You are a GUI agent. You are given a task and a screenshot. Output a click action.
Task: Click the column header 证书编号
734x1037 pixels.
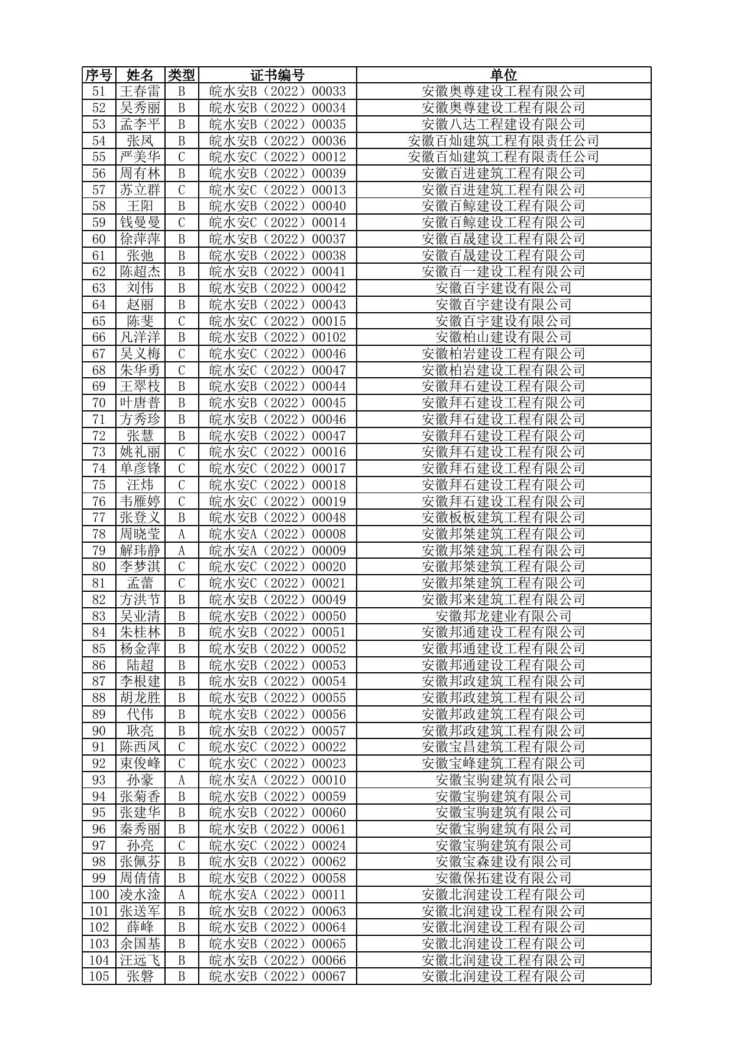coord(277,75)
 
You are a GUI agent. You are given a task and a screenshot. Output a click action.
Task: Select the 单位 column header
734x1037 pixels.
coord(503,75)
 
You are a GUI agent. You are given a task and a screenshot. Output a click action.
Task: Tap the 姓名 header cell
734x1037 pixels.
coord(140,75)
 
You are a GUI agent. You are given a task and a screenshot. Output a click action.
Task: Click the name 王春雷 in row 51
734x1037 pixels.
coord(140,92)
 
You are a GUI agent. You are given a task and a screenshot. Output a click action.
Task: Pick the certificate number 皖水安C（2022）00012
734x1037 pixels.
coord(277,157)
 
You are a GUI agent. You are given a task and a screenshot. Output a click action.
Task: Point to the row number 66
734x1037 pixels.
coord(99,338)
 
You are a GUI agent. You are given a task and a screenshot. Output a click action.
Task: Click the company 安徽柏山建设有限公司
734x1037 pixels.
coord(503,338)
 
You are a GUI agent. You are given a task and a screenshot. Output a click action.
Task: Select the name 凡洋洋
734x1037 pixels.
coord(140,338)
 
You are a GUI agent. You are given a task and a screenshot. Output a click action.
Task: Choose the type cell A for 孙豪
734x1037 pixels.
coord(182,780)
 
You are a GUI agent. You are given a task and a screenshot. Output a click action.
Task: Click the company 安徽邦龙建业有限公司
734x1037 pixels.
coord(503,616)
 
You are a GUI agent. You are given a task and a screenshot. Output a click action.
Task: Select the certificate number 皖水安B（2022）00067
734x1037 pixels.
coord(277,977)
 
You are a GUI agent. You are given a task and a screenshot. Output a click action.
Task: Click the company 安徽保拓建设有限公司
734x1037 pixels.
coord(503,879)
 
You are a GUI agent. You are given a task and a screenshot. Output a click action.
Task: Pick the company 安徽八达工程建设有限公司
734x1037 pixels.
coord(503,124)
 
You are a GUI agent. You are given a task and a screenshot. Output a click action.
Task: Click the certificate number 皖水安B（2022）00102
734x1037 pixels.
coord(277,338)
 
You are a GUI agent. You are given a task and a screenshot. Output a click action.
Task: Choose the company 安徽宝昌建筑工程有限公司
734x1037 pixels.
coord(503,747)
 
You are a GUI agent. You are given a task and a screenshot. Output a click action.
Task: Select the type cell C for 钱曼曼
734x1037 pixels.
coord(182,223)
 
